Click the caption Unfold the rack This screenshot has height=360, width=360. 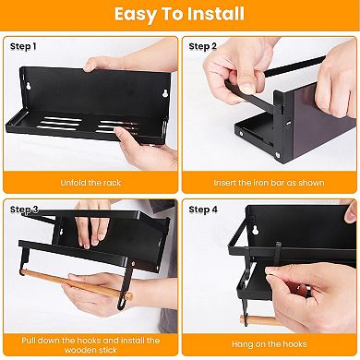tap(90, 182)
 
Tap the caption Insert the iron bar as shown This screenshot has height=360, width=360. tap(269, 182)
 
